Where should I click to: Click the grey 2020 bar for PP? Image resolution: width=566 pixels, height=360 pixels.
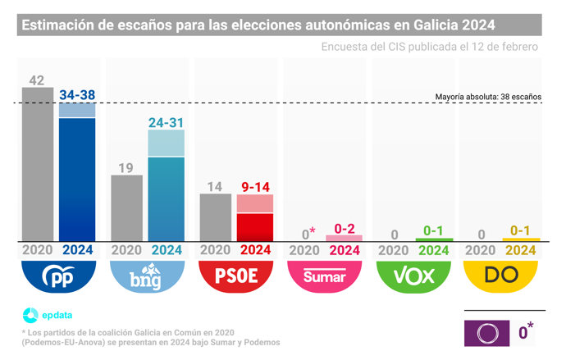[38, 163]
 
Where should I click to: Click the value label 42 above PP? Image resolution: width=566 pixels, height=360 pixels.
[37, 80]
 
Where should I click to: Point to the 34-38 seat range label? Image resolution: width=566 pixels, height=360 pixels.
[78, 95]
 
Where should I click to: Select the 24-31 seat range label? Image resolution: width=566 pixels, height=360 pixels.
[167, 122]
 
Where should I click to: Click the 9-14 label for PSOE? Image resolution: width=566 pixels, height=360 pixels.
[255, 187]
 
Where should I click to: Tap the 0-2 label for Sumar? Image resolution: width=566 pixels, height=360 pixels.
[344, 228]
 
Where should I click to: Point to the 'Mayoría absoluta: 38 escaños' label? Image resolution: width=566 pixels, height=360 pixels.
[488, 97]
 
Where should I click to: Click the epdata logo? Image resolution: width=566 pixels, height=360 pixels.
[45, 313]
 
